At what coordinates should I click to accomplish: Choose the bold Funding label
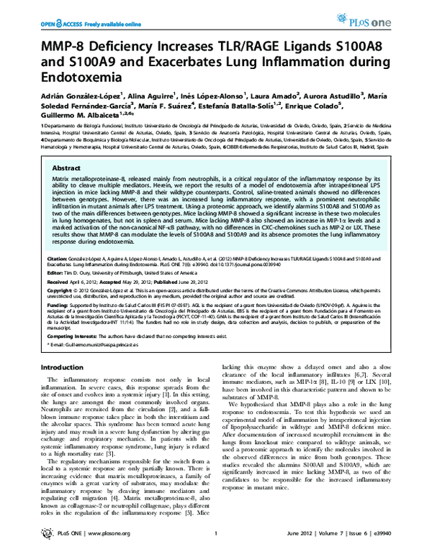(x=55, y=323)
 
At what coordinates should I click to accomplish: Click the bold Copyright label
(x=60, y=308)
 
